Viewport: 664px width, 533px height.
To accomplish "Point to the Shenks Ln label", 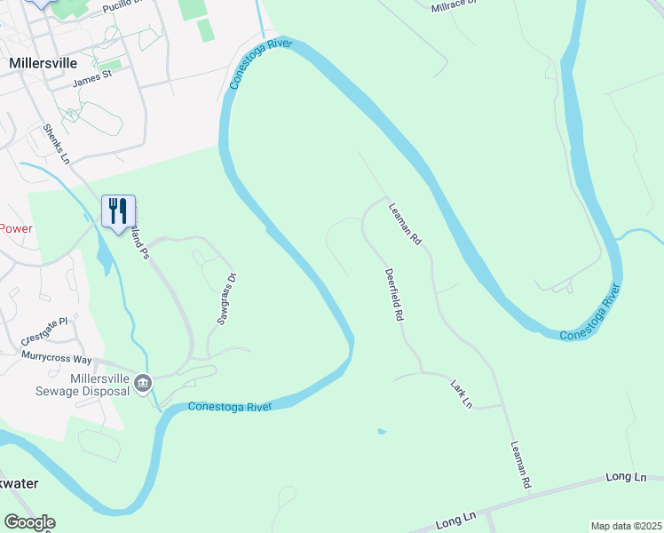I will [x=56, y=145].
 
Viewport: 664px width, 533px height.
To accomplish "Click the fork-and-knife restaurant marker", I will [x=118, y=211].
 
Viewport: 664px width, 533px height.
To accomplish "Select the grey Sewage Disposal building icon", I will [x=144, y=383].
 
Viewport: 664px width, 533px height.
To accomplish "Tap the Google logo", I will [x=29, y=522].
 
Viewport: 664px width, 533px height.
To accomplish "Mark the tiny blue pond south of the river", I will [x=381, y=432].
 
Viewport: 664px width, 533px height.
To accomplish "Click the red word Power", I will [x=15, y=228].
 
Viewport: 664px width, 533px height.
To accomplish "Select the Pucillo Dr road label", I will [x=122, y=5].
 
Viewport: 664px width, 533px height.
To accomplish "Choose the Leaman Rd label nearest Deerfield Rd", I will [x=403, y=223].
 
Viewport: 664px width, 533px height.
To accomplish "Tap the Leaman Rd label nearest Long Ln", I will [x=520, y=465].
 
